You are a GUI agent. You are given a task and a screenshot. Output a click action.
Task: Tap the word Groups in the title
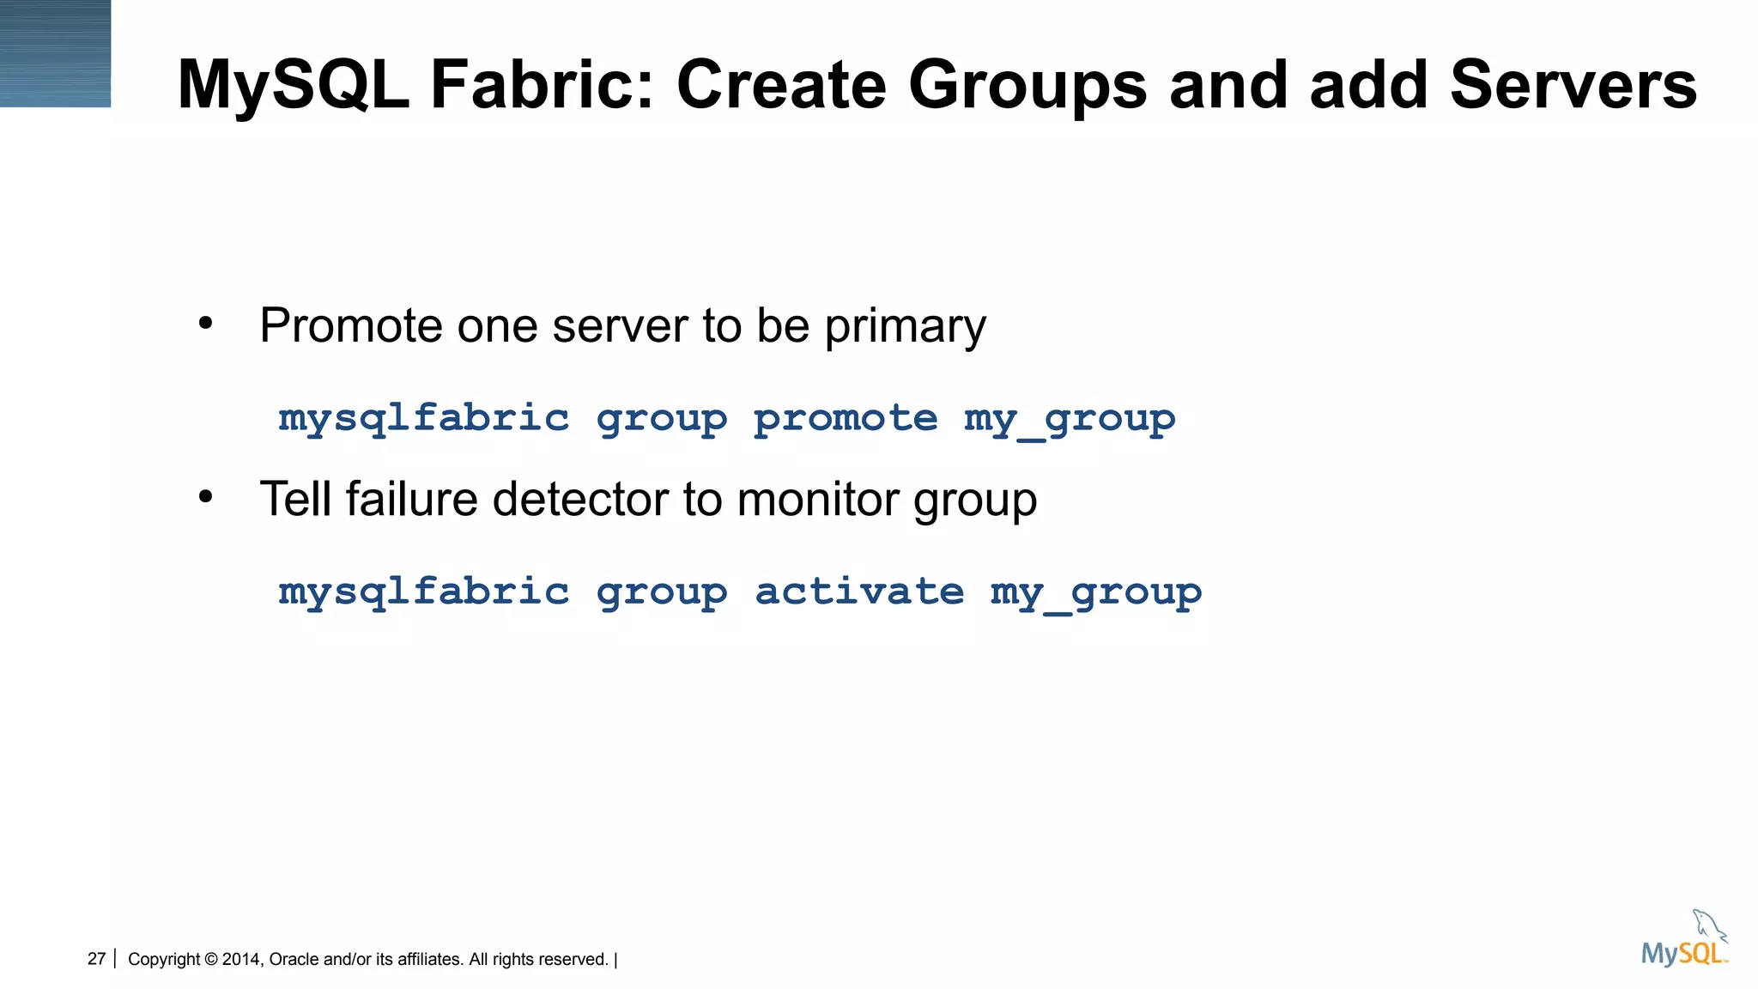coord(1027,85)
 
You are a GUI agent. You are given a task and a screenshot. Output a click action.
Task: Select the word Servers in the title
coord(1573,85)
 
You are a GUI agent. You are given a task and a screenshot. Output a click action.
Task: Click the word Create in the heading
coord(781,85)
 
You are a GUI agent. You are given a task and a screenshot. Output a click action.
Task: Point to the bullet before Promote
coord(204,325)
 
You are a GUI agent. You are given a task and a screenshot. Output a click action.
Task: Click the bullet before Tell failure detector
coord(204,498)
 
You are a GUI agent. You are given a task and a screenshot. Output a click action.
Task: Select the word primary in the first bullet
coord(905,328)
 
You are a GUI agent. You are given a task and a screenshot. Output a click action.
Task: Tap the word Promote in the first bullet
coord(350,326)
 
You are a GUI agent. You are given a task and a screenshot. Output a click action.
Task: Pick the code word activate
coord(859,592)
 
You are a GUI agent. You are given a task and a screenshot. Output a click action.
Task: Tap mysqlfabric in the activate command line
coord(424,592)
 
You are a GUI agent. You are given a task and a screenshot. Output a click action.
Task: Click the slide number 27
coord(96,959)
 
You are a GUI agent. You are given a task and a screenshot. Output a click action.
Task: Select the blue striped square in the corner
coord(55,53)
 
